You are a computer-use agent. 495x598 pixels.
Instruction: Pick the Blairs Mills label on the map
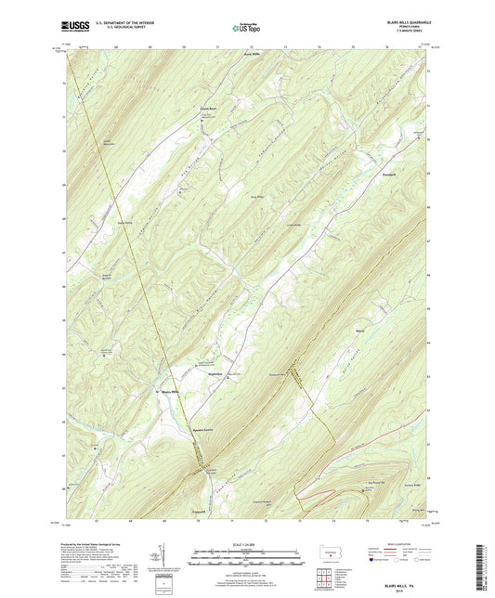pyautogui.click(x=168, y=393)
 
